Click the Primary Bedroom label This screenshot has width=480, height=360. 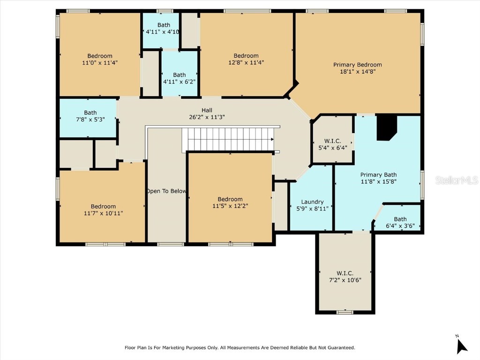pos(357,65)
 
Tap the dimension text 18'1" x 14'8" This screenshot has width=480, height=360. pos(357,72)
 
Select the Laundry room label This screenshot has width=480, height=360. pos(312,202)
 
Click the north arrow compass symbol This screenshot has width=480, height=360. pos(462,345)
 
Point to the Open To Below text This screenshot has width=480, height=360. pos(166,191)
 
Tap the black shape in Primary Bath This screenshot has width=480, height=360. pos(387,127)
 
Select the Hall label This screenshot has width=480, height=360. pos(207,110)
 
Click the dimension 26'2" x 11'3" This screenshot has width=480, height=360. pos(207,117)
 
